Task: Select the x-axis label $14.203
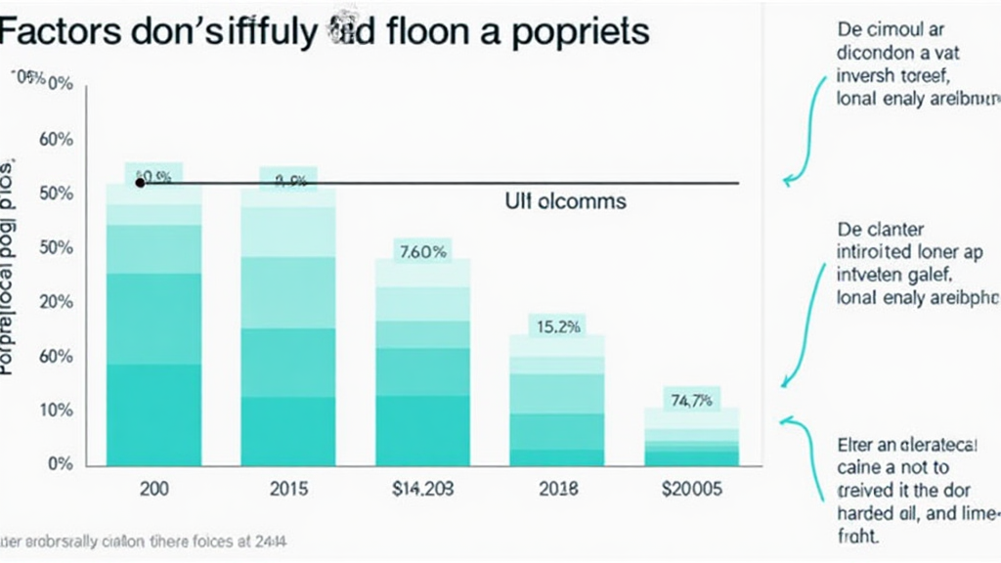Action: [x=423, y=489]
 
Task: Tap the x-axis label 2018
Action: [x=558, y=489]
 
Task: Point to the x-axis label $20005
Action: [x=691, y=489]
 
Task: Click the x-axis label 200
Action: [x=153, y=489]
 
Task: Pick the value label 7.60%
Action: [x=423, y=251]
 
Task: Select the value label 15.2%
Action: [x=558, y=327]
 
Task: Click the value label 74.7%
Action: [x=691, y=399]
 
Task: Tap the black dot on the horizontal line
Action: [x=140, y=182]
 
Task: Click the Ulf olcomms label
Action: [x=565, y=202]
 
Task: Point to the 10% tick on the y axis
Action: [x=57, y=411]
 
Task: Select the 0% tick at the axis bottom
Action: [x=60, y=464]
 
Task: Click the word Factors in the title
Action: [x=63, y=31]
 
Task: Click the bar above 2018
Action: [x=558, y=401]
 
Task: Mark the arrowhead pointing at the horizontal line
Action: [x=788, y=181]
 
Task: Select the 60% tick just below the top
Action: [x=57, y=139]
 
